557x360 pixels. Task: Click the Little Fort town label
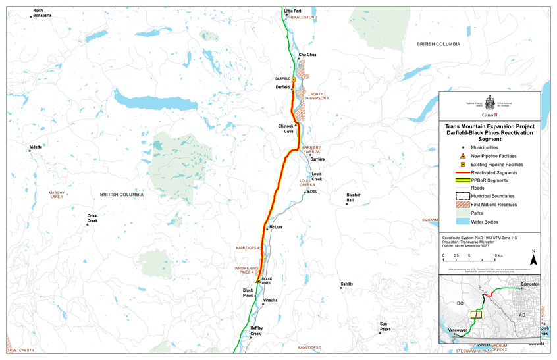292,11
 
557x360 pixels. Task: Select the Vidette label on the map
36,147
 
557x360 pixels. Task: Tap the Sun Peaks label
384,326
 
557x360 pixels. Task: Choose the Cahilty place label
346,284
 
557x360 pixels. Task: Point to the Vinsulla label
270,300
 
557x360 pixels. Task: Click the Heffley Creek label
256,331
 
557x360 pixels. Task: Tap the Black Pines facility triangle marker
258,280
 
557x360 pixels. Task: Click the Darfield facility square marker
294,80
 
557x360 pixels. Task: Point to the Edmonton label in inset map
530,284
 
